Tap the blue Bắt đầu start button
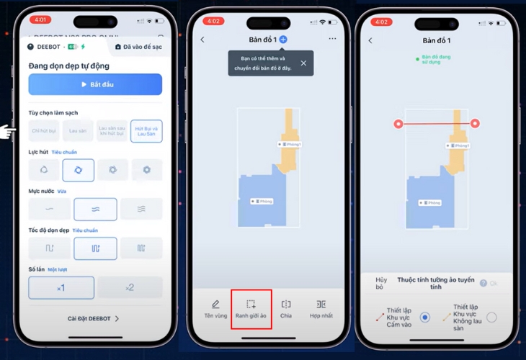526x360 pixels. (95, 84)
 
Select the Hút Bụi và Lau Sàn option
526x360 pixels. (146, 130)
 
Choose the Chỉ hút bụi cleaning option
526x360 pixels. (44, 130)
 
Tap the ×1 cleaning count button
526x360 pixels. (61, 287)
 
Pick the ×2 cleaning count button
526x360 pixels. (130, 287)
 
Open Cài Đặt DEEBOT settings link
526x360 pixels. (94, 318)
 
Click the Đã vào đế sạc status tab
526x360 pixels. (142, 47)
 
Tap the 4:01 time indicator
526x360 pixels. (40, 20)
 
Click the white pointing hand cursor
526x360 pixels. (8, 131)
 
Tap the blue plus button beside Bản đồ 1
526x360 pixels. (283, 40)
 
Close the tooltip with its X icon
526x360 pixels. (303, 63)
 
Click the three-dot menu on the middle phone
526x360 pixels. (332, 40)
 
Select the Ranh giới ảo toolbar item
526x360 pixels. (251, 309)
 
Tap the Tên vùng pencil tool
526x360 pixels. (215, 309)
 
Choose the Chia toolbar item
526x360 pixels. (286, 309)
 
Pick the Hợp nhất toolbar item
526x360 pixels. (321, 309)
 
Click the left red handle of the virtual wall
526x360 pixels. (398, 124)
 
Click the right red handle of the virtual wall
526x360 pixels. (475, 124)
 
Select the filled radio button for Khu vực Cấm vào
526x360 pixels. (424, 317)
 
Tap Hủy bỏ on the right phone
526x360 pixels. (381, 282)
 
